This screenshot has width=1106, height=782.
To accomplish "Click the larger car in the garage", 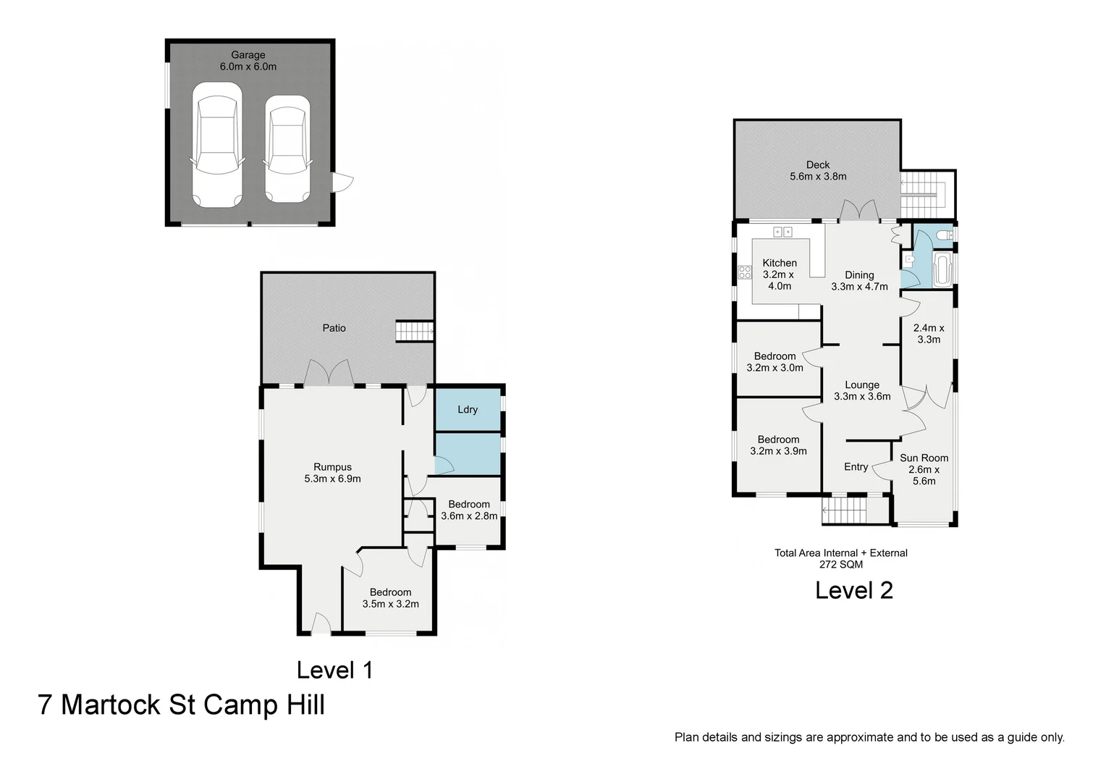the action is click(217, 145).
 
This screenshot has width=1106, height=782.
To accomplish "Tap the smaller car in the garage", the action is click(287, 148).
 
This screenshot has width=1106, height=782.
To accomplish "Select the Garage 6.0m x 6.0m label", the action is click(248, 61).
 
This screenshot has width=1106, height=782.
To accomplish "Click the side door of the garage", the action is click(342, 182).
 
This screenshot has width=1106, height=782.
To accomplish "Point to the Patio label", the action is click(334, 328).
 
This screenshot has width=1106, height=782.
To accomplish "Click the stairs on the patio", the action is click(414, 332).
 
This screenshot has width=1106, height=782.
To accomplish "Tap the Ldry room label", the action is click(468, 410).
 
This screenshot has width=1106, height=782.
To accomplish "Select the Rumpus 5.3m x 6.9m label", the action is click(332, 473).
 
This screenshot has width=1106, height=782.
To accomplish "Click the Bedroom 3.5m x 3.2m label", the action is click(390, 598).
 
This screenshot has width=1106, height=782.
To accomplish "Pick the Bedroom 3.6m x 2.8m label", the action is click(468, 510).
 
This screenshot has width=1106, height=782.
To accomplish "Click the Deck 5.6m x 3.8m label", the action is click(818, 170).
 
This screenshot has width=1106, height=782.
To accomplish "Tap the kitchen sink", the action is click(782, 232).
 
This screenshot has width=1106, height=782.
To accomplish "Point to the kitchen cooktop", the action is click(745, 272).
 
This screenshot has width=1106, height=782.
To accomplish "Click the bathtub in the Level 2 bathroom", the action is click(942, 269).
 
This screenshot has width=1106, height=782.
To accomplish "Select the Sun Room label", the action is click(924, 458).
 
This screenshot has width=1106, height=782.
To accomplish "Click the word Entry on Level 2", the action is click(856, 467).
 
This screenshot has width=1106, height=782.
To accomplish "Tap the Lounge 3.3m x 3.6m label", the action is click(862, 390).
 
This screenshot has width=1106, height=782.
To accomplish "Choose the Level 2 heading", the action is click(853, 590).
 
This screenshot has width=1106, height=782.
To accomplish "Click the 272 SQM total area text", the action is click(841, 564).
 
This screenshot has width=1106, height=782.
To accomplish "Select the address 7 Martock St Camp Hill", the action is click(181, 705).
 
